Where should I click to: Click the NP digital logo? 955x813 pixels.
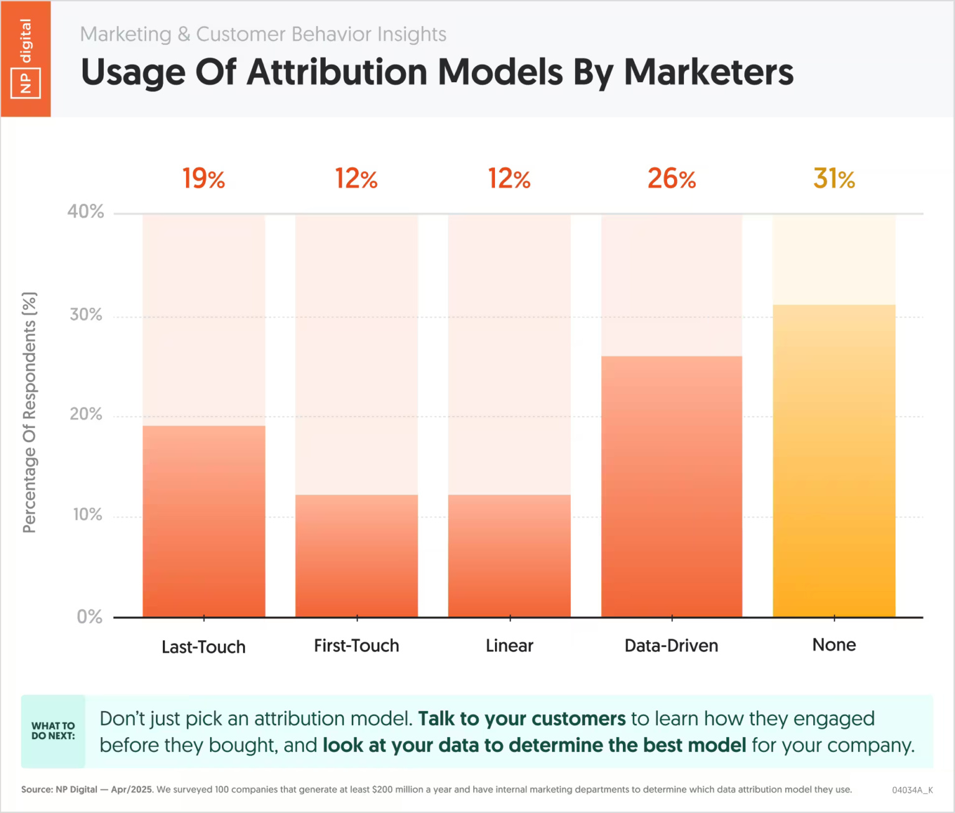tap(25, 59)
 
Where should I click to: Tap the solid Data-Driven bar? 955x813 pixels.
tap(671, 486)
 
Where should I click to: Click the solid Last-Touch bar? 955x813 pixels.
tap(204, 521)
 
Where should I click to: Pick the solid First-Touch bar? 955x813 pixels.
tap(356, 555)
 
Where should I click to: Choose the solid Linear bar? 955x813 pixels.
tap(509, 555)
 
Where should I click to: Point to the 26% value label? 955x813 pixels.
tap(671, 179)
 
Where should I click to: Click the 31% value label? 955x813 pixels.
tap(834, 179)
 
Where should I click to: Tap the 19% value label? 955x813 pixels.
tap(204, 179)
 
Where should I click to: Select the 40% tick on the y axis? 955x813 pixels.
tap(86, 211)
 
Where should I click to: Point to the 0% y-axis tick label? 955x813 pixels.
tap(90, 616)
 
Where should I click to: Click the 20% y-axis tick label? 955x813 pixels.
tap(86, 414)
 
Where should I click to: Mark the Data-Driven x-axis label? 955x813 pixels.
tap(671, 646)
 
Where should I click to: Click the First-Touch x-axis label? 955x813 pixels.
tap(356, 646)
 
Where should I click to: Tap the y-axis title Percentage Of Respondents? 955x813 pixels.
tap(29, 412)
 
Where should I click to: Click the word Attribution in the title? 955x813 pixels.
tap(337, 72)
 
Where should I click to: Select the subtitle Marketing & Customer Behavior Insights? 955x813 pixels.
tap(263, 34)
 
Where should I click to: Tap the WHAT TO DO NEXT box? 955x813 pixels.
tap(53, 731)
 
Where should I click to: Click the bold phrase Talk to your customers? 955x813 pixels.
tap(522, 718)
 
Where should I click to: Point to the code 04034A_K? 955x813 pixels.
tap(912, 790)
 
